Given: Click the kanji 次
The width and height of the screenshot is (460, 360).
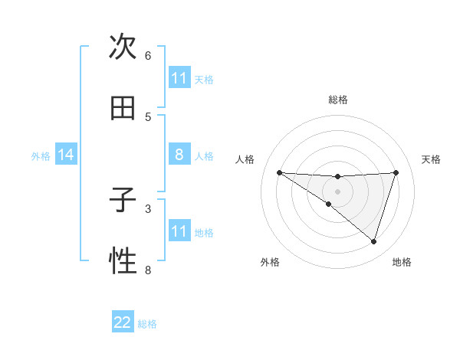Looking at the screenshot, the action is point(123,47).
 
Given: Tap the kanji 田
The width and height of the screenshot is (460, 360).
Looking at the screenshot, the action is point(123,109).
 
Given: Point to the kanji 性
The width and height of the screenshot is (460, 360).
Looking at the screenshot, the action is point(123,262).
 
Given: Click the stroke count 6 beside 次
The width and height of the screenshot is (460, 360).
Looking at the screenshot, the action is point(148,56).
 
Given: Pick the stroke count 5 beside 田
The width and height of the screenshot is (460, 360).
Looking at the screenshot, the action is point(148,117).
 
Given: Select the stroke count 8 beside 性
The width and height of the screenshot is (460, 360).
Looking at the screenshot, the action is point(148,270).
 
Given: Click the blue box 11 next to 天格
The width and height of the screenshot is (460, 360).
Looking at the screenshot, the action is point(179,78).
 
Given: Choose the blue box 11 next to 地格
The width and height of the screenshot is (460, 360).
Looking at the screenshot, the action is point(179,231).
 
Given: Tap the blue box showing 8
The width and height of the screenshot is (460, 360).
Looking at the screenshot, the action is point(179,155).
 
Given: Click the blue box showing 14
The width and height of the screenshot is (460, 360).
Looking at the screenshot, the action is point(66,155).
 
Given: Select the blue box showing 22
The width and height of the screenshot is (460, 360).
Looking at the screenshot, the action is point(123,322).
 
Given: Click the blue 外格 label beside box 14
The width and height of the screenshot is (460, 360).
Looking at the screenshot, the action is point(41,155).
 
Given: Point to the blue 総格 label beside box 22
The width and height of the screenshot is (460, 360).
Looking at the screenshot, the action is point(147,324).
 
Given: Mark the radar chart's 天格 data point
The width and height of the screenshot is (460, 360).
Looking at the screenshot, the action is point(396,172).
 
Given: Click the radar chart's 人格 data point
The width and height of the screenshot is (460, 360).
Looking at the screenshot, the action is point(279,172).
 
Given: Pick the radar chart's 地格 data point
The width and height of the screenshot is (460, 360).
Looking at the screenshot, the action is point(373,241).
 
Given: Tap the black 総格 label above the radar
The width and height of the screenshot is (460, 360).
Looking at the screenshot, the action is point(338,100).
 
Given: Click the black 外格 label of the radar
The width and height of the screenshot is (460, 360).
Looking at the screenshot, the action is point(270,262).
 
